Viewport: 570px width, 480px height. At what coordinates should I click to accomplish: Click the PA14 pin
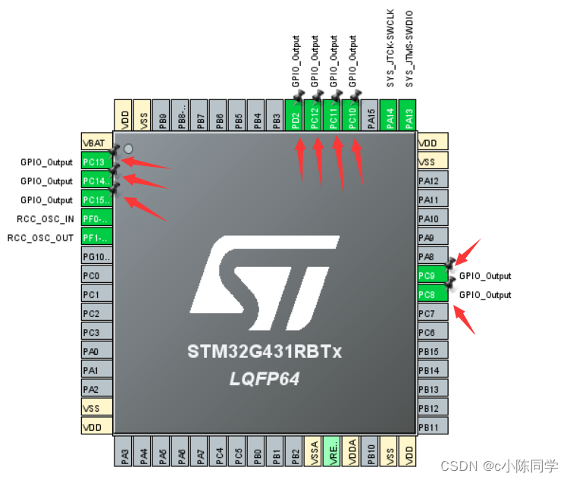pos(390,116)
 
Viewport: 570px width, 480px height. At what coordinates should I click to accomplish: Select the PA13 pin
pos(409,116)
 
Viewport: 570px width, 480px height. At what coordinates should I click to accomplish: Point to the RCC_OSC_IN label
pos(45,219)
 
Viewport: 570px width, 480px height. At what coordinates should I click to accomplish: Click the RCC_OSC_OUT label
pos(41,238)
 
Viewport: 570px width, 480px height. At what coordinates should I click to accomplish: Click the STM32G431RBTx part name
pos(265,353)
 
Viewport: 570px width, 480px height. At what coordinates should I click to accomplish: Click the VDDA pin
pos(352,453)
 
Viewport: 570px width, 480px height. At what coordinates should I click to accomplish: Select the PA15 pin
pos(371,116)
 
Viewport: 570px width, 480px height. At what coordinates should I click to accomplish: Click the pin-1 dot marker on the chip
pos(128,148)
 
